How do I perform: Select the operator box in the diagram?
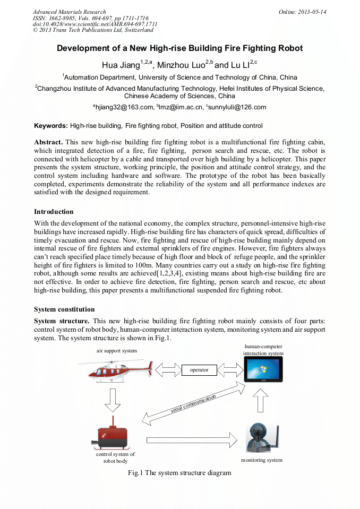pyautogui.click(x=199, y=369)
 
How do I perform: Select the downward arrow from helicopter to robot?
pyautogui.click(x=113, y=400)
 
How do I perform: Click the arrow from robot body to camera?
pyautogui.click(x=191, y=439)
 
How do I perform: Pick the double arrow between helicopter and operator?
pyautogui.click(x=168, y=369)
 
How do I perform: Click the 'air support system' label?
pyautogui.click(x=116, y=351)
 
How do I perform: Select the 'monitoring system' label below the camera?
pyautogui.click(x=261, y=460)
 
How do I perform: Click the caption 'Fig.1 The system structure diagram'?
pyautogui.click(x=179, y=472)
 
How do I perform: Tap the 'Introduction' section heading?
pyautogui.click(x=54, y=211)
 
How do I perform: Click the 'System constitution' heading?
pyautogui.click(x=64, y=309)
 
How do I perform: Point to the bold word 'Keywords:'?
pyautogui.click(x=51, y=126)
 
